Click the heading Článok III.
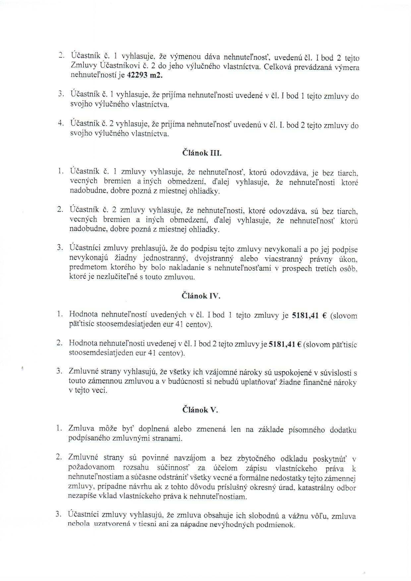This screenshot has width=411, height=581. coord(202,153)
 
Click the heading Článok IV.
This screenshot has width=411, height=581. coord(202,296)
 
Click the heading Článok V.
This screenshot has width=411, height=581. coord(200,410)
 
